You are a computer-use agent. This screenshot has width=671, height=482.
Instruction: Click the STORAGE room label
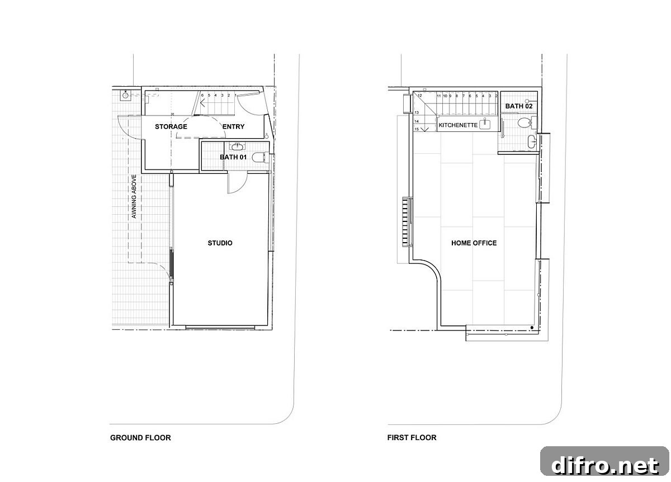(x=171, y=126)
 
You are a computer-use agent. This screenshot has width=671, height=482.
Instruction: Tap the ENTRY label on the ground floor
(x=233, y=126)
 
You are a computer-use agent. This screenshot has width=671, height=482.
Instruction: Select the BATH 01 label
(x=233, y=157)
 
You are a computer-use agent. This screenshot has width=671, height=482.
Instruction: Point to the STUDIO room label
(x=220, y=243)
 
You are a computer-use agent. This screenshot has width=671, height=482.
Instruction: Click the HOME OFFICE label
(x=474, y=243)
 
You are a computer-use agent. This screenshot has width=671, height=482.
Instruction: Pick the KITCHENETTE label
(x=458, y=125)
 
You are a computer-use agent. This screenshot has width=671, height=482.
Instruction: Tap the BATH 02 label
(x=519, y=106)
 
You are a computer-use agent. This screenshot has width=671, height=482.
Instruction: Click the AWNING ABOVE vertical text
(x=134, y=196)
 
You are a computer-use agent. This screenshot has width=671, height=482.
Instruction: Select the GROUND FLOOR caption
(x=140, y=438)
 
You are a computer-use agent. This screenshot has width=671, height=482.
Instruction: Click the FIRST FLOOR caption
(x=412, y=438)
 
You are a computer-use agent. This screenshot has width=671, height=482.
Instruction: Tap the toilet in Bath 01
(x=259, y=157)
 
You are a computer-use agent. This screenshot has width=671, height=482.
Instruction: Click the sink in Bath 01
(x=238, y=147)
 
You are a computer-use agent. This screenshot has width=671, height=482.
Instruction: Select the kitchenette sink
(x=485, y=124)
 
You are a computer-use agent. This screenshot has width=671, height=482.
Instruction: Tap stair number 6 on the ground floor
(x=202, y=96)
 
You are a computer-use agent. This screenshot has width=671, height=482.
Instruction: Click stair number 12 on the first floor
(x=420, y=96)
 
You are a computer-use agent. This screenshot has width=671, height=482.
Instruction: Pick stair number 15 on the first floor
(x=417, y=129)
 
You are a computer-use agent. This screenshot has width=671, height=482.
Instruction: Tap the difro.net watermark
(x=605, y=465)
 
